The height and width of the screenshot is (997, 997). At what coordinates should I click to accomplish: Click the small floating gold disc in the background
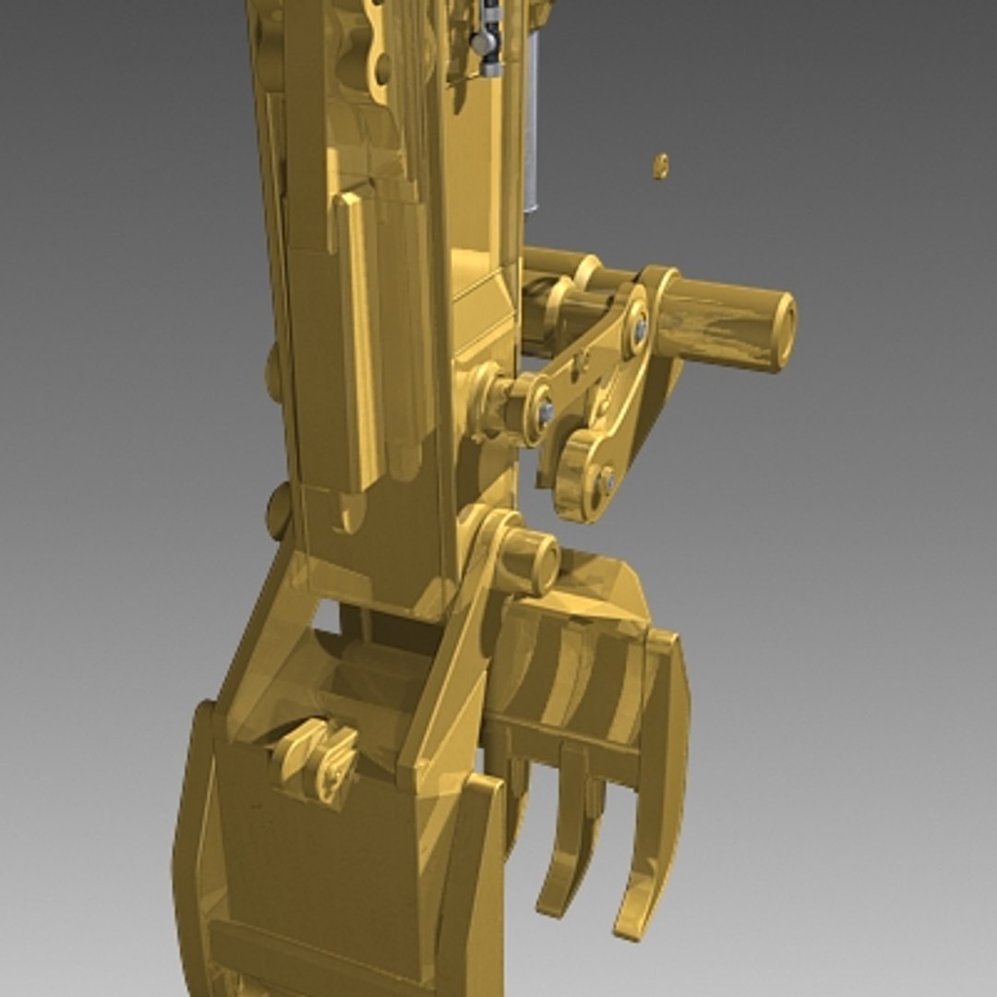pos(661,166)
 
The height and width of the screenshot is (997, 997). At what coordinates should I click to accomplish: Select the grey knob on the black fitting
pos(481,42)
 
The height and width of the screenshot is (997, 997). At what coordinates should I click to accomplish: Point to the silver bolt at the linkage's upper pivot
pos(640,328)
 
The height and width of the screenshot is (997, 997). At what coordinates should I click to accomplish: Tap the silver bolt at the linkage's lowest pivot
pos(607,480)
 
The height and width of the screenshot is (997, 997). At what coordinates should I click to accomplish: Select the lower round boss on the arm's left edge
pos(277,513)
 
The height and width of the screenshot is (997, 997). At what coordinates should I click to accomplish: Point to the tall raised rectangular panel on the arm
pos(360,342)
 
